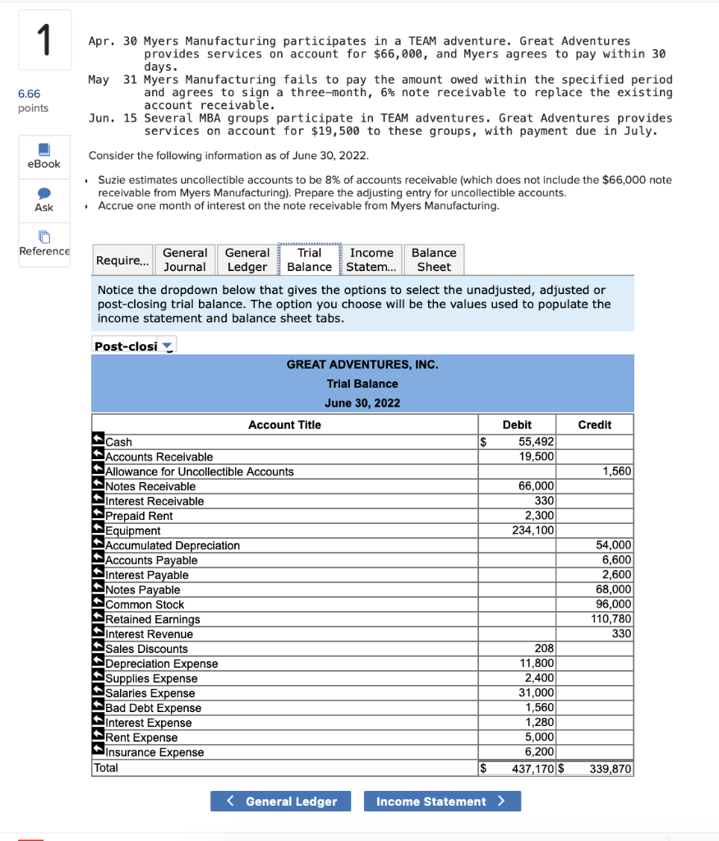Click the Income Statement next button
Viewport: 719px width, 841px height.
tap(442, 802)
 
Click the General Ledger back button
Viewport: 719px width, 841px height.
tap(280, 802)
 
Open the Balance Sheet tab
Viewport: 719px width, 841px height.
tap(433, 260)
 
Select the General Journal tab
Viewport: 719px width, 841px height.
tap(185, 260)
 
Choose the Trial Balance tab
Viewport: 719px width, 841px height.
tap(309, 260)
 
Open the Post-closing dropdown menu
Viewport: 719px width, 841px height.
tap(134, 347)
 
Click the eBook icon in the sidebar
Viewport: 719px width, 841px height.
tap(44, 149)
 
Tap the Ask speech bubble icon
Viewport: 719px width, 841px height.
tap(44, 192)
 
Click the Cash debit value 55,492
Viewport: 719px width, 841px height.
tap(537, 442)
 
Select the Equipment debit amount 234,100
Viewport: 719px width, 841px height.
tap(533, 531)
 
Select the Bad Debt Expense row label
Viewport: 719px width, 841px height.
tap(154, 708)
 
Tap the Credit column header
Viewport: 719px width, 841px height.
tap(594, 425)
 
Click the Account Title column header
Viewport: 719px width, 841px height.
tap(284, 425)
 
